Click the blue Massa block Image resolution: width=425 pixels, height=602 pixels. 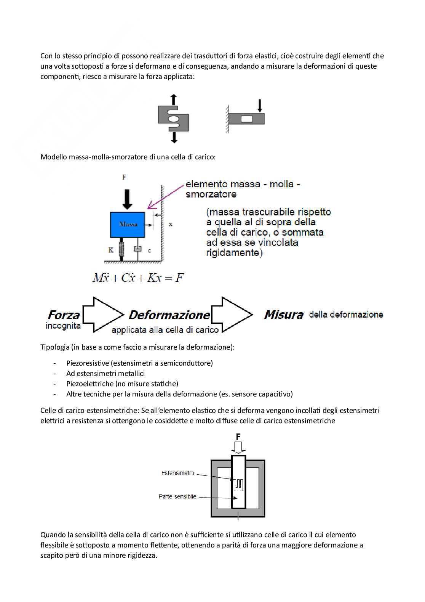(x=128, y=225)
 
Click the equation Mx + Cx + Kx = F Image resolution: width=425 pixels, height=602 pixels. (x=138, y=278)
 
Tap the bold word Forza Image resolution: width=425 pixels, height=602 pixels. (x=64, y=315)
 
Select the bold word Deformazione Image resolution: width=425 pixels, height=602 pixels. (x=169, y=315)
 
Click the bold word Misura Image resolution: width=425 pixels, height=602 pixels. (x=284, y=315)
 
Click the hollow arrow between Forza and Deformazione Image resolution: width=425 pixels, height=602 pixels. (x=103, y=315)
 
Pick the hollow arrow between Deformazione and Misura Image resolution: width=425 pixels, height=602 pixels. (x=232, y=315)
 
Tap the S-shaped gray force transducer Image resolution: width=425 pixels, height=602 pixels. (x=174, y=119)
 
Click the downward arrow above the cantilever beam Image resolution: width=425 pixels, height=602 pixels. (x=260, y=105)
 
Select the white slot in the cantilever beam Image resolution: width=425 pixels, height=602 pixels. (x=247, y=119)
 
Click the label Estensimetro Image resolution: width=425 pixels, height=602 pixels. (x=178, y=473)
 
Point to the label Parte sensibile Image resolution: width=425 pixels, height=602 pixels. (x=177, y=496)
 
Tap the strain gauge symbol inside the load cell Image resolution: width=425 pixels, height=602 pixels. (x=238, y=485)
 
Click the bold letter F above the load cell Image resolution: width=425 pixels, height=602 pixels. (x=238, y=437)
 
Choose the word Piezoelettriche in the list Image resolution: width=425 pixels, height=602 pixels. (x=89, y=384)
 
